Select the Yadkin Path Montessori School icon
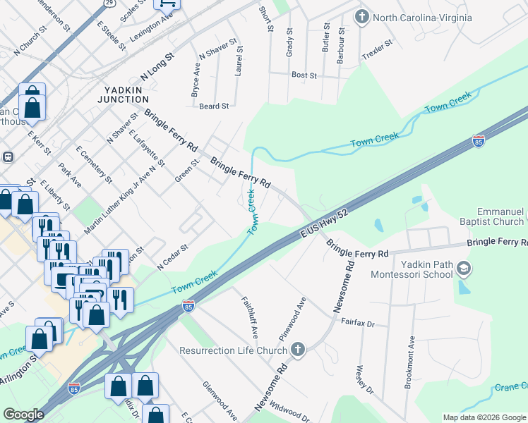(464, 268)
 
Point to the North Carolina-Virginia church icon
(362, 16)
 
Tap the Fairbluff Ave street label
(249, 314)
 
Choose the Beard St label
(214, 106)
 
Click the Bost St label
(304, 74)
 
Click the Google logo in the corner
(23, 415)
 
